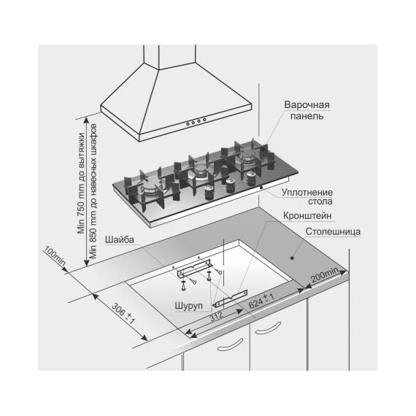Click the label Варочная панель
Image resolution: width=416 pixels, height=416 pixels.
coord(307,110)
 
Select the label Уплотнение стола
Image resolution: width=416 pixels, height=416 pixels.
coord(307,196)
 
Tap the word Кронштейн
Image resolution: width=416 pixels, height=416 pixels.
coord(307,216)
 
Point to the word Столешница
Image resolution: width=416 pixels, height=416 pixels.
coord(333,231)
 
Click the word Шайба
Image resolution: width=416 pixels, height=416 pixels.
coord(120,240)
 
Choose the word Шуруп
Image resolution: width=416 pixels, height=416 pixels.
coord(189,306)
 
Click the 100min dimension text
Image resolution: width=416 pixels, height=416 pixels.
coord(55,255)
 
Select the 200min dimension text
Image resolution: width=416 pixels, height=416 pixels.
coord(325,274)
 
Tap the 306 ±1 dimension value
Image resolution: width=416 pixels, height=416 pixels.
coord(123,313)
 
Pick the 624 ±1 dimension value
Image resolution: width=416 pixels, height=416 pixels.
coord(261,301)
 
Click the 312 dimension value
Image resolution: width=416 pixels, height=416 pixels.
coord(217,316)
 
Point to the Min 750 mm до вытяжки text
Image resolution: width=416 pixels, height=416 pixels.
coord(81,183)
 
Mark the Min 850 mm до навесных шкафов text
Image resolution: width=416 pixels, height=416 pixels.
coord(93,190)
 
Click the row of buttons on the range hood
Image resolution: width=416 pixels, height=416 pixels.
coord(196,122)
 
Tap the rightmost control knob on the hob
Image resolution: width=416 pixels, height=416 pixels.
coord(250,179)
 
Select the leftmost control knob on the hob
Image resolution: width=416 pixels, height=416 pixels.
coord(209,193)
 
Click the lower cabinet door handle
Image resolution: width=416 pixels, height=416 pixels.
coord(230,345)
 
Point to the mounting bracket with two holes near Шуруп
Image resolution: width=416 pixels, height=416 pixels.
coord(231,298)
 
